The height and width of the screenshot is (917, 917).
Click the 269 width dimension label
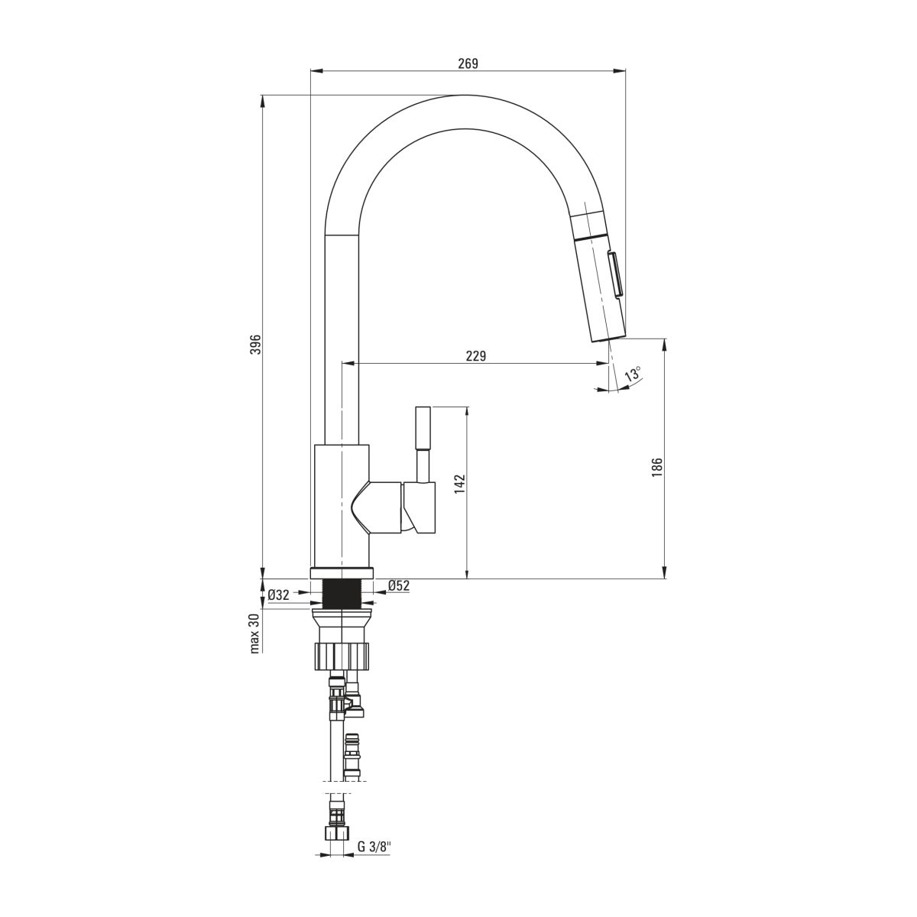tap(468, 63)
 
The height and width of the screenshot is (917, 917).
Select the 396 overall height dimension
tap(256, 344)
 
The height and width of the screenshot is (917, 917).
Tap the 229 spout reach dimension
tap(476, 355)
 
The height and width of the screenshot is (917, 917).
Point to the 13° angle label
tap(633, 374)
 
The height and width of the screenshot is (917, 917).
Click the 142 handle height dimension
tap(459, 484)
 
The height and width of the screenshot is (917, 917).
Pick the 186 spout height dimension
tap(656, 468)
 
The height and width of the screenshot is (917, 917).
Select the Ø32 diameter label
tap(278, 595)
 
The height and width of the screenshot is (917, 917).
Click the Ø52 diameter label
tap(399, 586)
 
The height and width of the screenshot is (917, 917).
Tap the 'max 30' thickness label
tap(255, 633)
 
